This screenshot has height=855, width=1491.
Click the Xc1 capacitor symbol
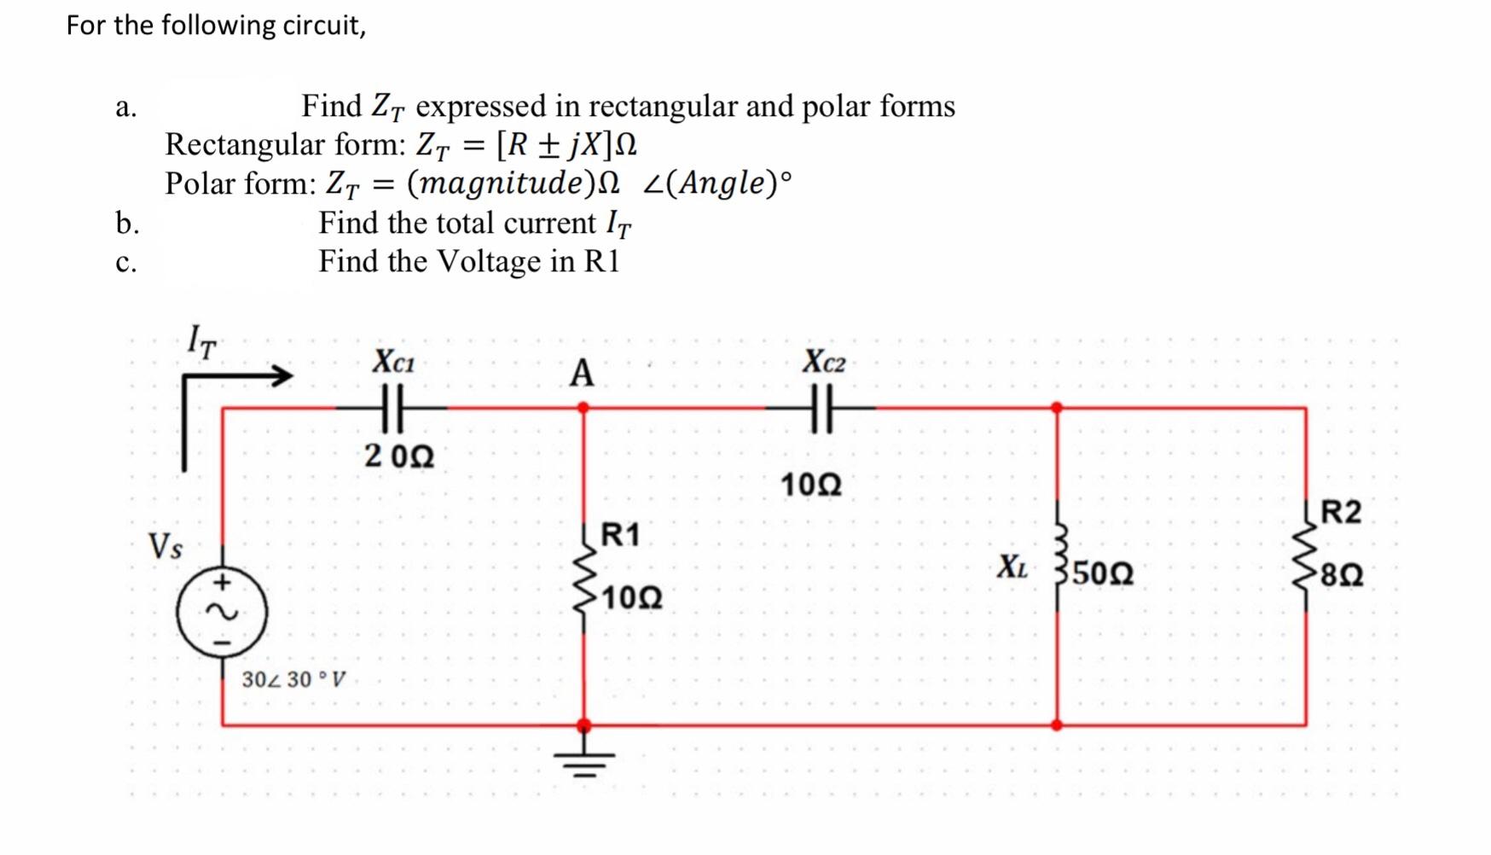pyautogui.click(x=392, y=408)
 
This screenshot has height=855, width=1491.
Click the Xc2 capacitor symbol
pyautogui.click(x=821, y=408)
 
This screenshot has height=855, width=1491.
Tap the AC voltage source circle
pyautogui.click(x=222, y=612)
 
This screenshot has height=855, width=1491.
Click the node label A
pyautogui.click(x=582, y=373)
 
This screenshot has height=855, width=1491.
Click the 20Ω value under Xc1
pyautogui.click(x=399, y=457)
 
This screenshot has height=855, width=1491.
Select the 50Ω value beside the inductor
pyautogui.click(x=1103, y=573)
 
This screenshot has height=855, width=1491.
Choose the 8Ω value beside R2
pyautogui.click(x=1342, y=575)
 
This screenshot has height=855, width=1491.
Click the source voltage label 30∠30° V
pyautogui.click(x=293, y=680)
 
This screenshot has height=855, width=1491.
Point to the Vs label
pyautogui.click(x=165, y=546)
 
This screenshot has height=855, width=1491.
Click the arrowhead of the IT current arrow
pyautogui.click(x=281, y=375)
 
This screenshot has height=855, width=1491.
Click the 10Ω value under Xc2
pyautogui.click(x=811, y=485)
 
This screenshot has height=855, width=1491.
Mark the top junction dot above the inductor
pyautogui.click(x=1057, y=408)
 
